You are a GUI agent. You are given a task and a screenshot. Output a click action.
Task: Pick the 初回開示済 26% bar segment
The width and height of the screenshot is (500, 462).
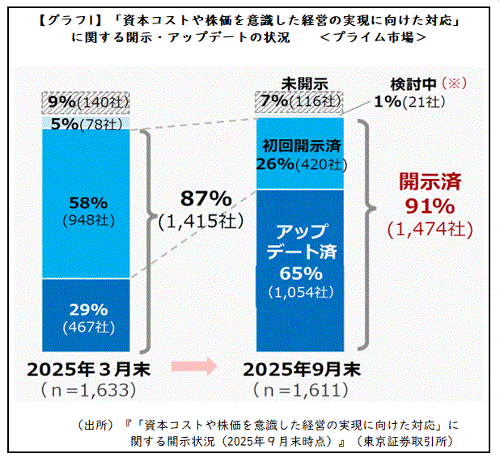click(306, 154)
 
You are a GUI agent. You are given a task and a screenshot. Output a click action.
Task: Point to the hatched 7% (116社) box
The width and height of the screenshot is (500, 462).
click(306, 102)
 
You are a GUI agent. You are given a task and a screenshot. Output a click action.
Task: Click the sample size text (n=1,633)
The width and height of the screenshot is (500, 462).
click(87, 392)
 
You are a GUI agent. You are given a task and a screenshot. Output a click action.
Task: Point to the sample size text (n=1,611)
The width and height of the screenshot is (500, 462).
click(303, 392)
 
